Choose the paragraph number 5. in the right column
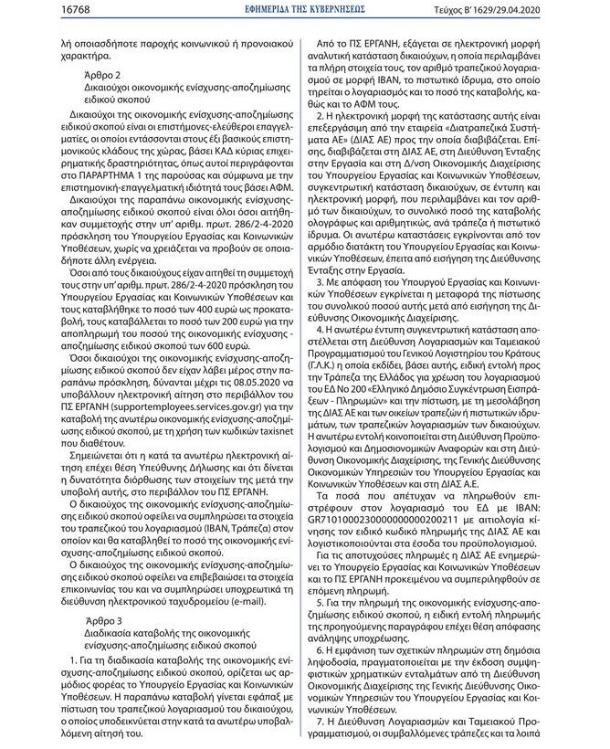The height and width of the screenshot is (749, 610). pyautogui.click(x=318, y=604)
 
